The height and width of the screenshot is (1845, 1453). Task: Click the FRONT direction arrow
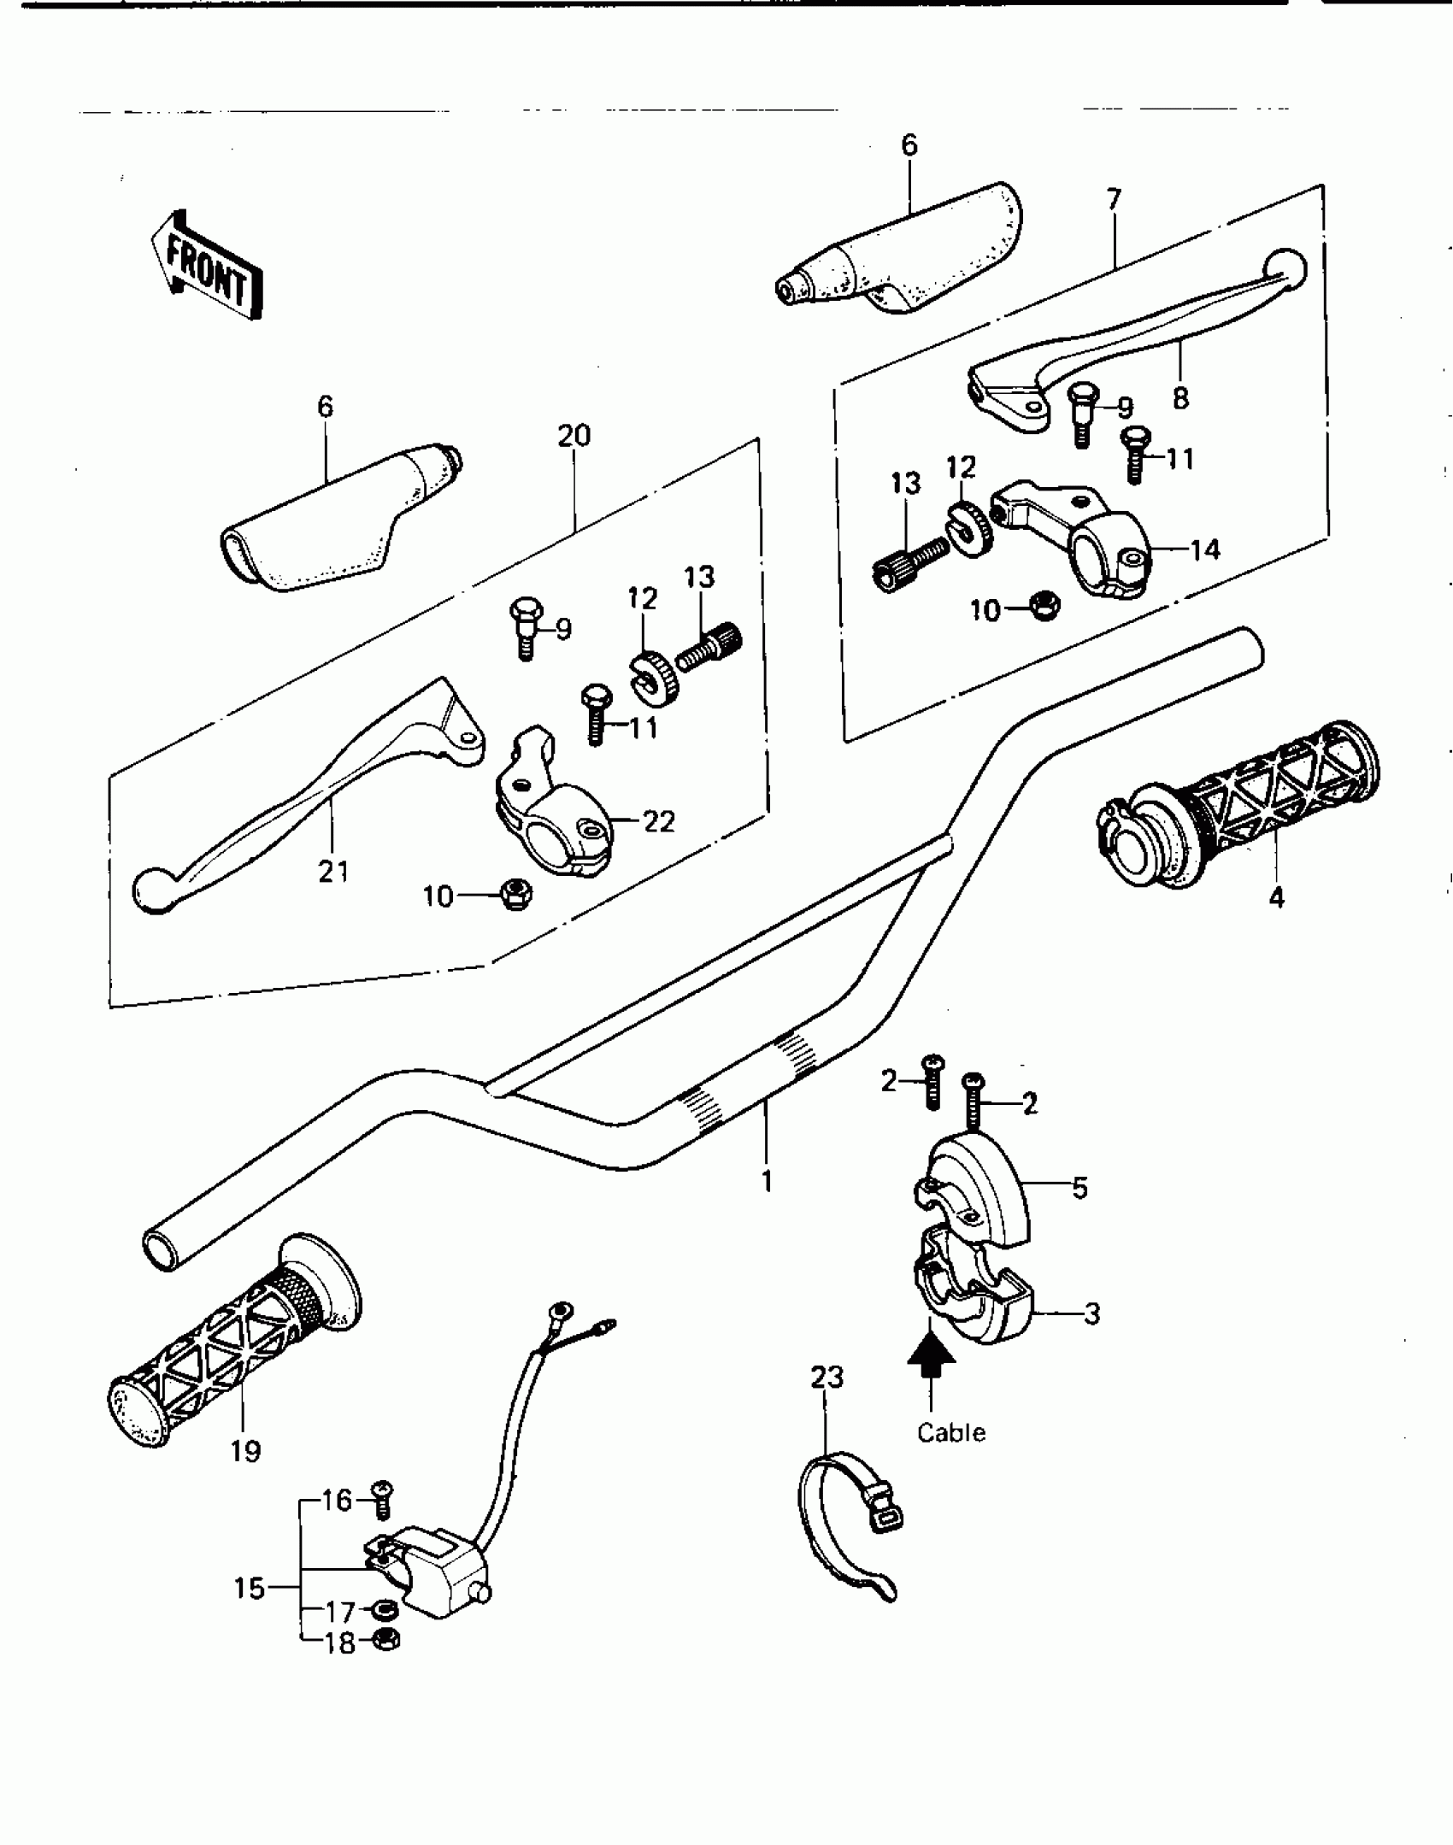tap(207, 266)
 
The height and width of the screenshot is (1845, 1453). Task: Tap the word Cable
tap(950, 1432)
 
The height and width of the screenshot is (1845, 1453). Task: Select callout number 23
tap(827, 1377)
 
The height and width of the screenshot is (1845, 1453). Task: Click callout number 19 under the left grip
tap(245, 1450)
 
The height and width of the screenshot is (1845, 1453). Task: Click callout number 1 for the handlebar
tap(767, 1182)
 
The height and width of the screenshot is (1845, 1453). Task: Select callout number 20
tap(574, 437)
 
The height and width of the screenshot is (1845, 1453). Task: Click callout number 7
tap(1113, 200)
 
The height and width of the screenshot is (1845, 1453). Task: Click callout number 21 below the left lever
tap(333, 872)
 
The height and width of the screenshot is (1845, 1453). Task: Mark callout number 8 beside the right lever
tap(1180, 398)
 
